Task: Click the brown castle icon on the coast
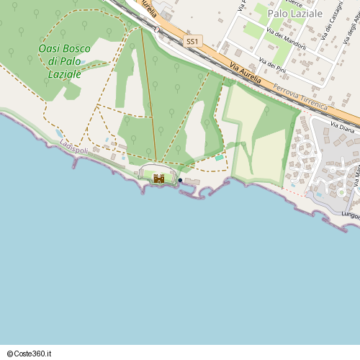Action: [x=159, y=178]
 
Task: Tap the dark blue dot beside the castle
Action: [x=180, y=180]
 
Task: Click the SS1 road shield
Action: [x=192, y=42]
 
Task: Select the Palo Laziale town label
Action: [x=294, y=14]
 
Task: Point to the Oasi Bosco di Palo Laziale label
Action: [x=65, y=61]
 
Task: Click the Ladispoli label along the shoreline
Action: [x=75, y=146]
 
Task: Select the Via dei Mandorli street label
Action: [x=286, y=39]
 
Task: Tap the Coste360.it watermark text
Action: [x=29, y=353]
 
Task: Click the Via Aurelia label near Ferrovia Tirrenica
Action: [x=248, y=71]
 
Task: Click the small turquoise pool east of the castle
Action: [x=219, y=158]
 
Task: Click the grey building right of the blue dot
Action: [x=192, y=181]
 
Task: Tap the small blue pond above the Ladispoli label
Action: [x=58, y=134]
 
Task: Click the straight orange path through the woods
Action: [x=149, y=94]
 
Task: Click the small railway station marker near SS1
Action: [x=156, y=30]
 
